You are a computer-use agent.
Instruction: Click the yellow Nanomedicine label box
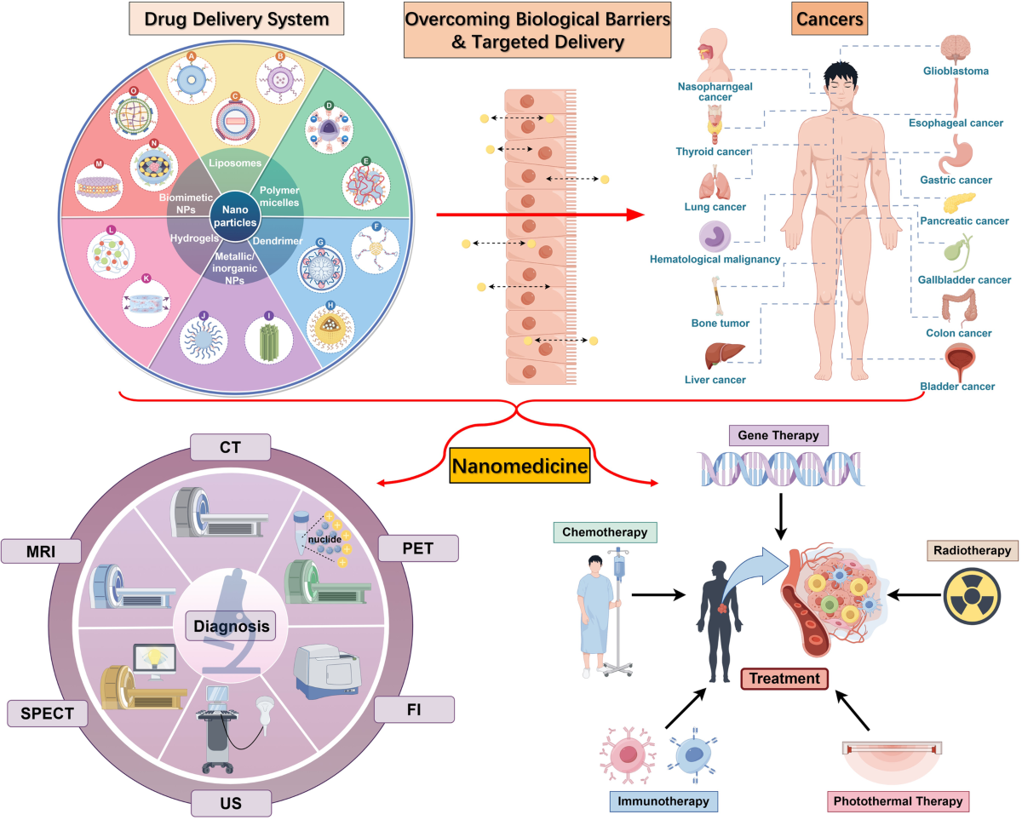pyautogui.click(x=520, y=466)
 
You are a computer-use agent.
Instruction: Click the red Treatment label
pyautogui.click(x=785, y=679)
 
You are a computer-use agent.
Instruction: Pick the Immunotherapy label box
pyautogui.click(x=663, y=801)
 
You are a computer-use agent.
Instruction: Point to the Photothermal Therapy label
pyautogui.click(x=898, y=801)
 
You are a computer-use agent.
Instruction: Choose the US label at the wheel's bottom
pyautogui.click(x=230, y=802)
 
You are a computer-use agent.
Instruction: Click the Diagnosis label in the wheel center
pyautogui.click(x=230, y=628)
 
